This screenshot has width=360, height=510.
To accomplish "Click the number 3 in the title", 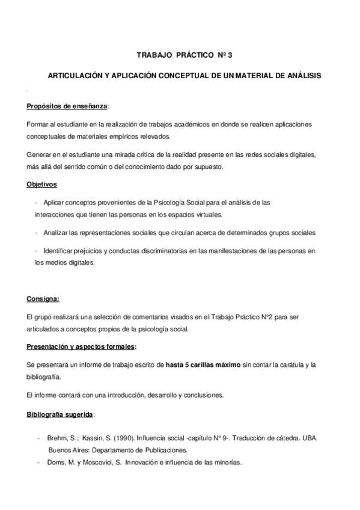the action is click(x=229, y=55).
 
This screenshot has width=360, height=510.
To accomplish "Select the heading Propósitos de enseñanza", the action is click(x=67, y=106).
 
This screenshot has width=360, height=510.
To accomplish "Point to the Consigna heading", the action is click(x=43, y=299).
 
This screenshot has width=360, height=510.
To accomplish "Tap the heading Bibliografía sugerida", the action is click(x=59, y=415).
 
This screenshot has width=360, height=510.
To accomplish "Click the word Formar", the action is click(x=37, y=123).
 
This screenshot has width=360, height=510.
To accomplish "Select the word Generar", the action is click(x=39, y=155).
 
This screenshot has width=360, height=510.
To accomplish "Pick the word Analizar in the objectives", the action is click(x=56, y=232).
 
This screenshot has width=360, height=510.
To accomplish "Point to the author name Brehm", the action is click(x=59, y=438).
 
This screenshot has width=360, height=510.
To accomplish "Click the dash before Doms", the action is click(x=40, y=462).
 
